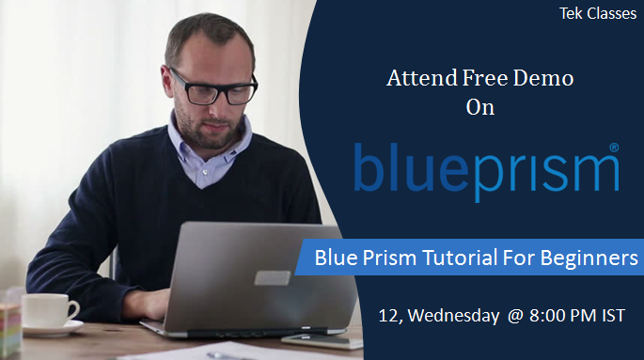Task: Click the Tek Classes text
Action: (x=597, y=14)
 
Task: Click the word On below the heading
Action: (x=479, y=106)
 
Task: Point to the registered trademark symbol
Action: (x=614, y=148)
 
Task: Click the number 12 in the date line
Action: (x=388, y=315)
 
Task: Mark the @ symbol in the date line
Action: (x=514, y=315)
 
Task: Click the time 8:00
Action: (x=548, y=315)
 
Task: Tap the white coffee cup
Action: (x=47, y=310)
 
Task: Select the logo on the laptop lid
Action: (x=273, y=277)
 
